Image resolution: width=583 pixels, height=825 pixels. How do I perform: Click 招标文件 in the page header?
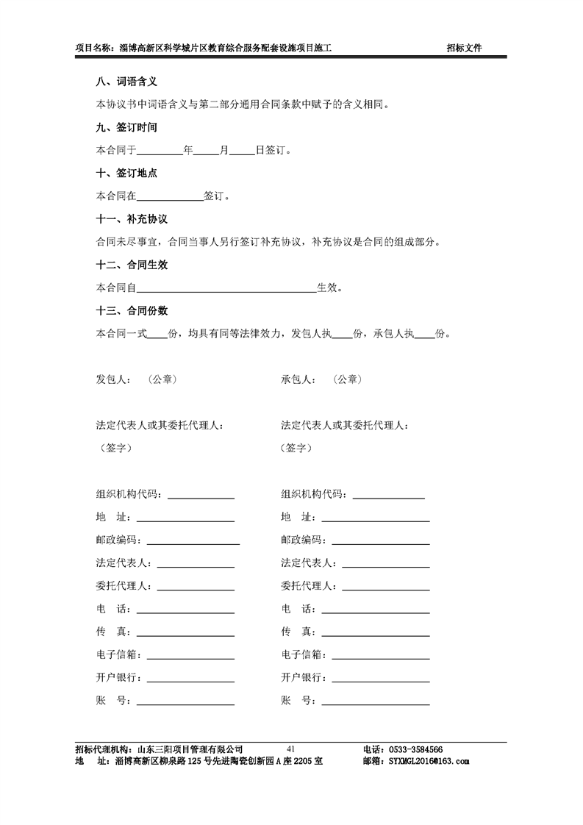[x=465, y=49]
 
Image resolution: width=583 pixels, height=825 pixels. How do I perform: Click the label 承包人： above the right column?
[x=298, y=380]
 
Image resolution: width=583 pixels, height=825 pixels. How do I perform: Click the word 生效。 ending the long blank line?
[x=329, y=287]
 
